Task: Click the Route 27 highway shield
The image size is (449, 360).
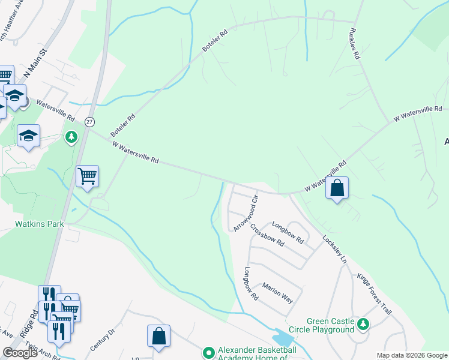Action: coord(89,121)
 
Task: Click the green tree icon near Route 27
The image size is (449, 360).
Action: coord(71,137)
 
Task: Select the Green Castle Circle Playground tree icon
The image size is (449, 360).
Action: coord(363,325)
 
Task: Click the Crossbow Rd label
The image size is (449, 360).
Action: coord(267,235)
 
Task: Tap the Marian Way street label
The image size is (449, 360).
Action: coord(277,295)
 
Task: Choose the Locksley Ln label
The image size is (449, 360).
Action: coord(335,248)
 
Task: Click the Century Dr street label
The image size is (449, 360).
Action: coord(102,339)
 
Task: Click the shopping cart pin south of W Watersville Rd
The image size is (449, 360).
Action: coord(88,176)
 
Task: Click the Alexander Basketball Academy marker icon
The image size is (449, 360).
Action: coord(208,352)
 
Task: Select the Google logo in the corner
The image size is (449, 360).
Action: coord(20,353)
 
